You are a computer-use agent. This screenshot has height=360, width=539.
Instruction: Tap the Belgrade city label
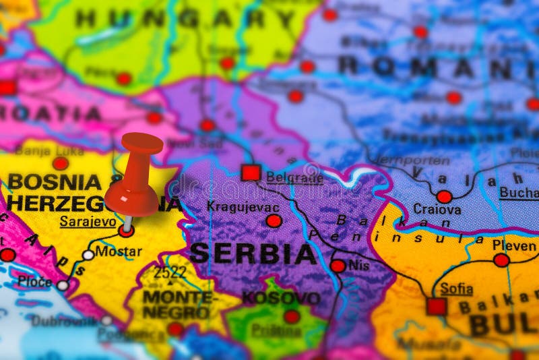point(294,177)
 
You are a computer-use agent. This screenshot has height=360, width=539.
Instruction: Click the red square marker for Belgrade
point(251,173)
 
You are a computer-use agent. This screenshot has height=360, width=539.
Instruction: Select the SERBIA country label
point(253,254)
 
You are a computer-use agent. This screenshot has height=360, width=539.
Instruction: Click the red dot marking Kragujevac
point(274,220)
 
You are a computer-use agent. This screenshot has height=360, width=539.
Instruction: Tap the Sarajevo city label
point(88,221)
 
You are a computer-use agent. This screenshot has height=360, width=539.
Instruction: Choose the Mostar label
point(119,251)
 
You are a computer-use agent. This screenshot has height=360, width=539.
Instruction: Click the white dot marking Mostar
point(88,255)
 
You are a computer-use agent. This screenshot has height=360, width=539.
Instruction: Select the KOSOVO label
point(281,297)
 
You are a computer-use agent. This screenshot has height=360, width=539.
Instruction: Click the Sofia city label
point(456,289)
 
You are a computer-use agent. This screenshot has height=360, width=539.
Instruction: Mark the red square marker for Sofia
point(437,307)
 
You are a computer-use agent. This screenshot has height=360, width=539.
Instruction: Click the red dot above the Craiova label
point(444,197)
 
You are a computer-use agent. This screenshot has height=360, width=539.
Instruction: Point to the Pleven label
point(514,245)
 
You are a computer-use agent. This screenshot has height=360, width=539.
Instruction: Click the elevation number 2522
point(170,273)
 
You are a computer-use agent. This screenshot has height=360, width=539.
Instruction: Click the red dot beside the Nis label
point(338,266)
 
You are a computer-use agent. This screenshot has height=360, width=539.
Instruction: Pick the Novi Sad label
point(195,143)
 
